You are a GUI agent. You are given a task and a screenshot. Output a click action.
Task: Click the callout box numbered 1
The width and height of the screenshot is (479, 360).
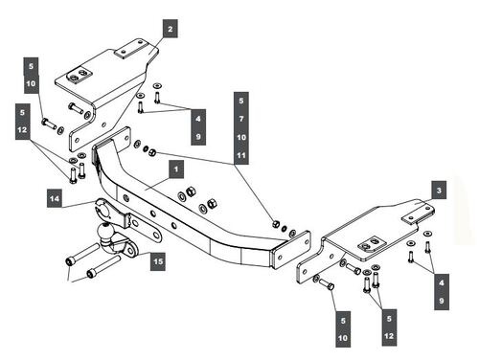(176, 169)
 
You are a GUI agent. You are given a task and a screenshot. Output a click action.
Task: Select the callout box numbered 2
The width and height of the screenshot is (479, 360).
(170, 29)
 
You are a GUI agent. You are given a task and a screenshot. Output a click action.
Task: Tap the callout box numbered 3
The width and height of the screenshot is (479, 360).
(439, 190)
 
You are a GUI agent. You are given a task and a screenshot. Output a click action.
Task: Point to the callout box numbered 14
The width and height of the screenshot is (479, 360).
(55, 198)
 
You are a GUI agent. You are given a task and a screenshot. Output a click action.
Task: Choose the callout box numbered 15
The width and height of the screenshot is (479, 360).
(158, 261)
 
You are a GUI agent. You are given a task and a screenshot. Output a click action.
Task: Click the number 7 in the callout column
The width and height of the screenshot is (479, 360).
(241, 119)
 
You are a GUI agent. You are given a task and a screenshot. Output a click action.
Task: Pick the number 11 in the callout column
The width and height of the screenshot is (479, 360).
(241, 155)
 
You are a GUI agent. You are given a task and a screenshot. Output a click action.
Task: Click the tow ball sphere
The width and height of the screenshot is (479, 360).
(105, 231)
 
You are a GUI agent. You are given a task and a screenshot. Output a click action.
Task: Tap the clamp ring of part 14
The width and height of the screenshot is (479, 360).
(103, 209)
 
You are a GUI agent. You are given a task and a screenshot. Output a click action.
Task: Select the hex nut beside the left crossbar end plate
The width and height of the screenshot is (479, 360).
(152, 152)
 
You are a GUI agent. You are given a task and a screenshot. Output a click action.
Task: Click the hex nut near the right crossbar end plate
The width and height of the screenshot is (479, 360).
(276, 224)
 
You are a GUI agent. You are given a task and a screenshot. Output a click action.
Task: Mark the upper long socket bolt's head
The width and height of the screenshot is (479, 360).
(70, 261)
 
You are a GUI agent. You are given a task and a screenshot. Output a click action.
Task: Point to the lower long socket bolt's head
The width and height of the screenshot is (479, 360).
(90, 274)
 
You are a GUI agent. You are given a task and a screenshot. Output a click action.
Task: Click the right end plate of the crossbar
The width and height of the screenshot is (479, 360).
(290, 250)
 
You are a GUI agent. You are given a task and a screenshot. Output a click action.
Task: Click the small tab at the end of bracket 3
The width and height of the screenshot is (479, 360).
(419, 214)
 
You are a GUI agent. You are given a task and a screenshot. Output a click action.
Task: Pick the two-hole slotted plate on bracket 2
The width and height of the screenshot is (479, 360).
(80, 76)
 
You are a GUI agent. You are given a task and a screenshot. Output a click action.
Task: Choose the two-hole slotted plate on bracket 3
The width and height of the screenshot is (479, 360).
(372, 243)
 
